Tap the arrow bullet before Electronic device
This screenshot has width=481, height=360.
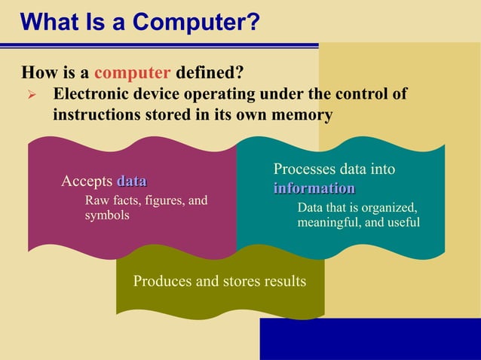tap(31, 96)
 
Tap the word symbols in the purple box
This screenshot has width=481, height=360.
tap(106, 215)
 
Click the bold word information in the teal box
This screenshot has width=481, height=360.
tap(314, 188)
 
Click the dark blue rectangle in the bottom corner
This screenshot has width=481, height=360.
tap(369, 339)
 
